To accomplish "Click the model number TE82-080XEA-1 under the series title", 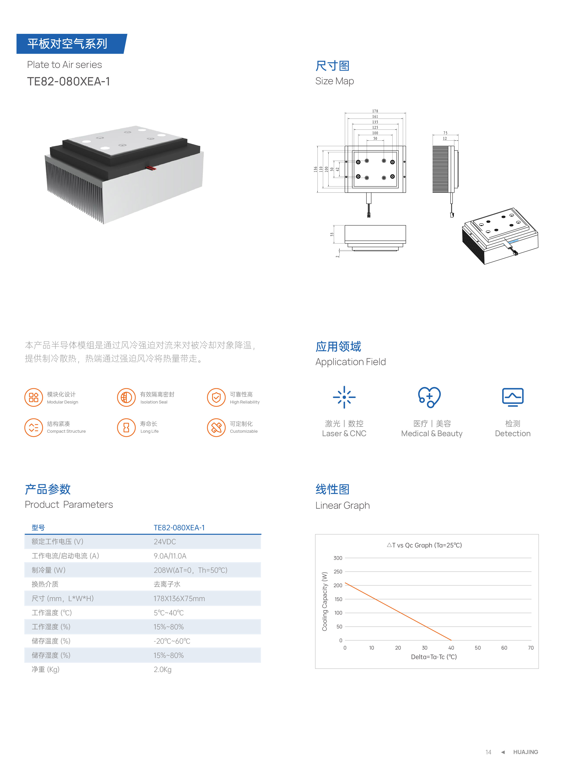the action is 68,82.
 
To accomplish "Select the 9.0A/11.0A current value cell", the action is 170,556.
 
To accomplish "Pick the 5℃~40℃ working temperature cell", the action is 169,613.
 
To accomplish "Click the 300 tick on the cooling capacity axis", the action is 338,558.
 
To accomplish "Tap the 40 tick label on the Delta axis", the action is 451,648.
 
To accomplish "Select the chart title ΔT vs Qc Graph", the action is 424,545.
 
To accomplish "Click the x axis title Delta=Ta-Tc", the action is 434,657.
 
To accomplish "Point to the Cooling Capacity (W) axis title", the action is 325,601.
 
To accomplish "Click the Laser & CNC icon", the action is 344,397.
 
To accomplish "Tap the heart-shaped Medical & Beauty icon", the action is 429,397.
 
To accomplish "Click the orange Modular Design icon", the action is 34,397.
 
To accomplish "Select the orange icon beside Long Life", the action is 126,427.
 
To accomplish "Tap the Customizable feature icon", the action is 216,427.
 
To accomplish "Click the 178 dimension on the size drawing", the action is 375,111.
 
